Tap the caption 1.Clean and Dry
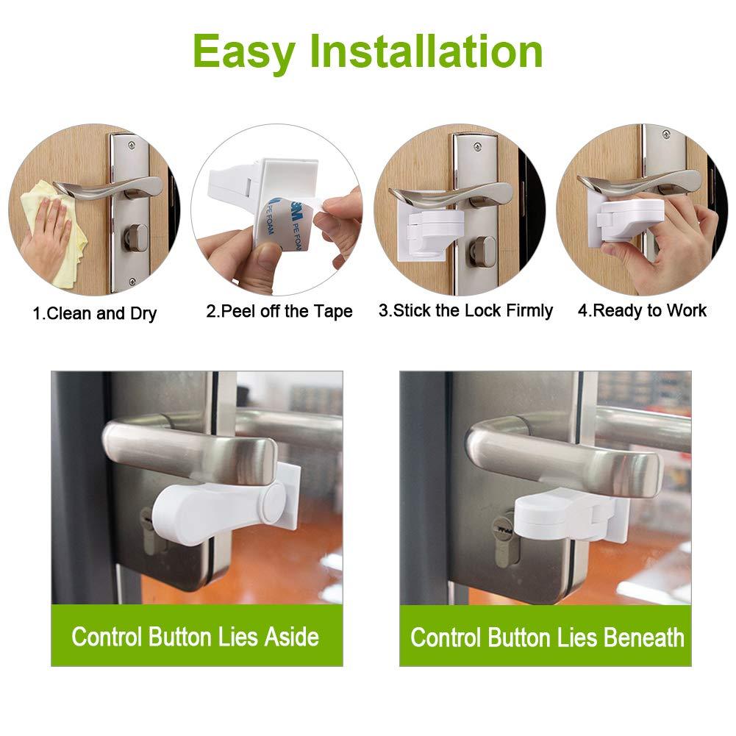tap(94, 314)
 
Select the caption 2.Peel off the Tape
tap(279, 312)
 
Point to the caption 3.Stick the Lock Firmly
tap(465, 310)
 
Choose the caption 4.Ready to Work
tap(642, 310)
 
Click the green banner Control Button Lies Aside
tap(196, 636)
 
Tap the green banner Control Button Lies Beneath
tap(546, 637)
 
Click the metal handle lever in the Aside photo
tap(184, 449)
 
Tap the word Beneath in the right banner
tap(643, 637)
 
